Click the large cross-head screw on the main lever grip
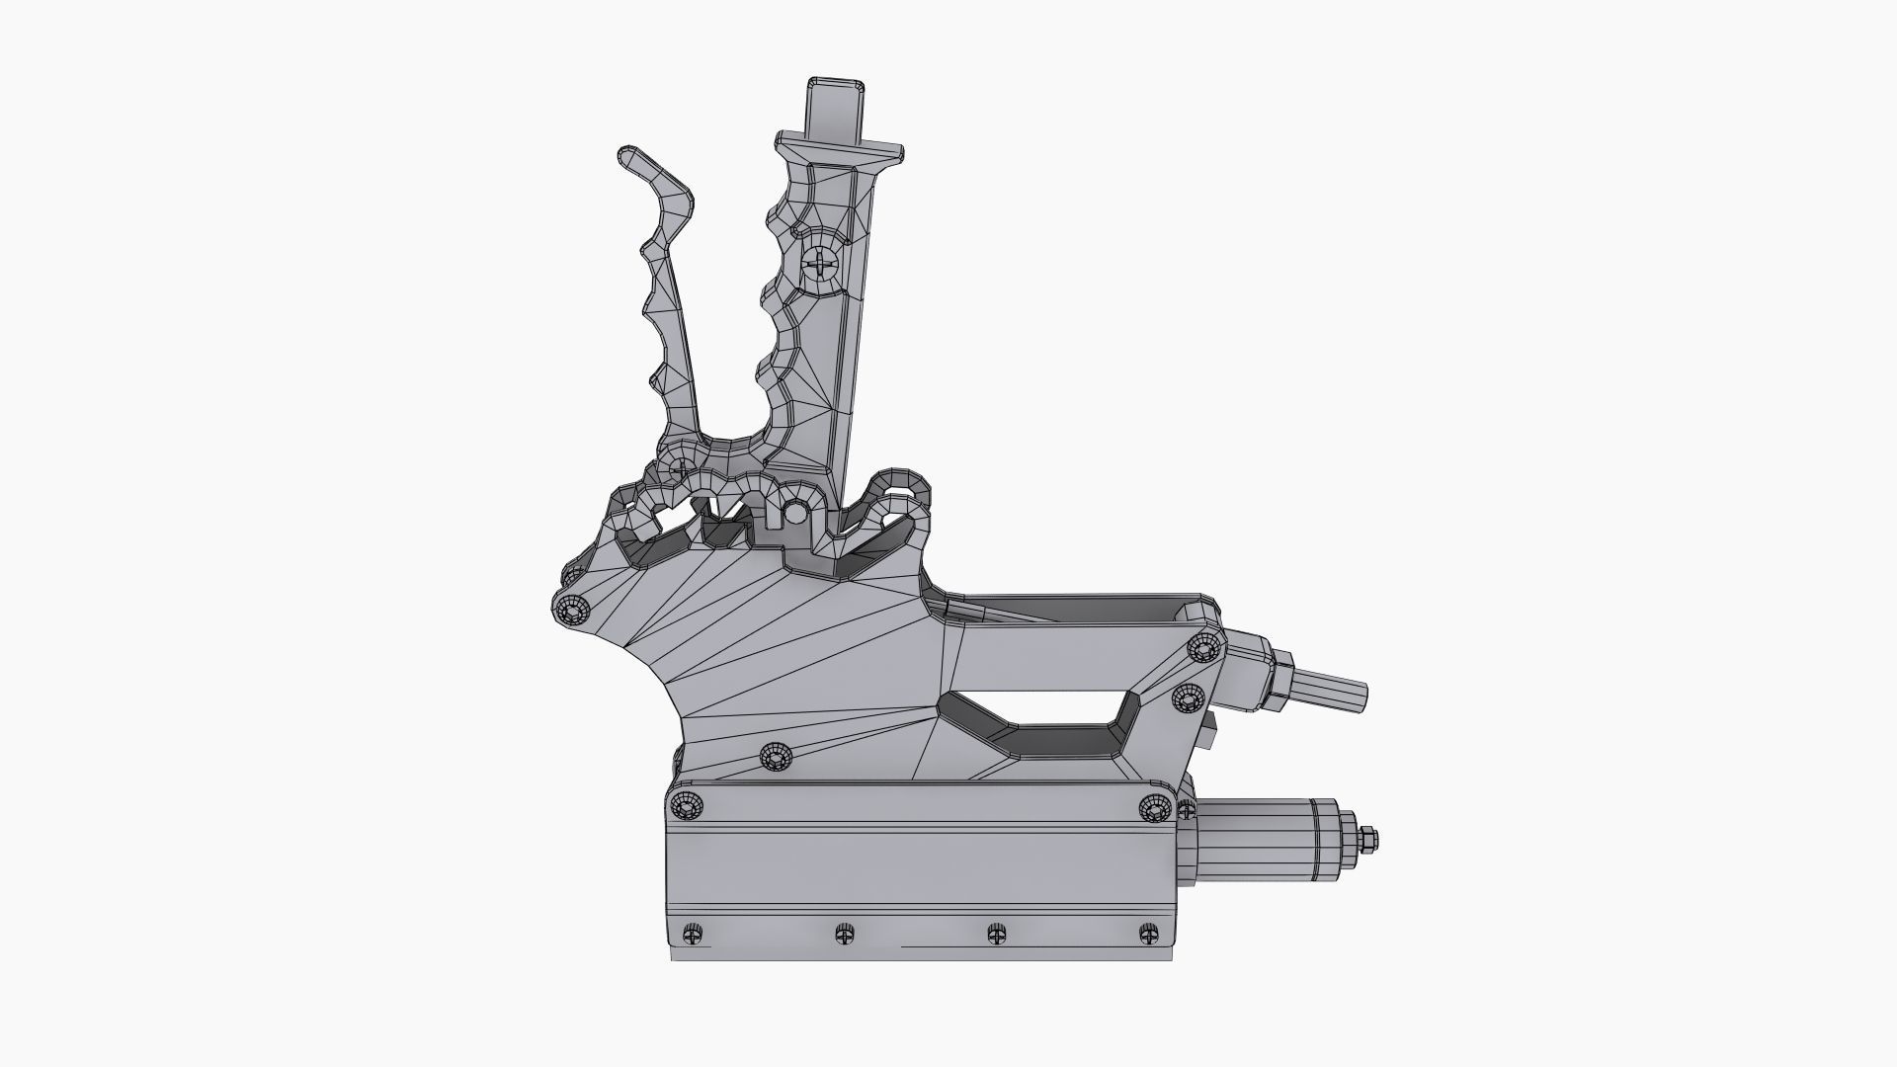click(x=820, y=264)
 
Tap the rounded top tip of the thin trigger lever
click(x=629, y=157)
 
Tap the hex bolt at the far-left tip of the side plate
click(x=569, y=610)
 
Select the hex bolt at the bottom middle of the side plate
click(x=777, y=758)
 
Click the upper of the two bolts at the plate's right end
click(x=1203, y=648)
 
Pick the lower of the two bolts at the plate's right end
click(x=1187, y=699)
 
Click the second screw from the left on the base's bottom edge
click(x=844, y=934)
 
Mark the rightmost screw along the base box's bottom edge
click(x=1148, y=934)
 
